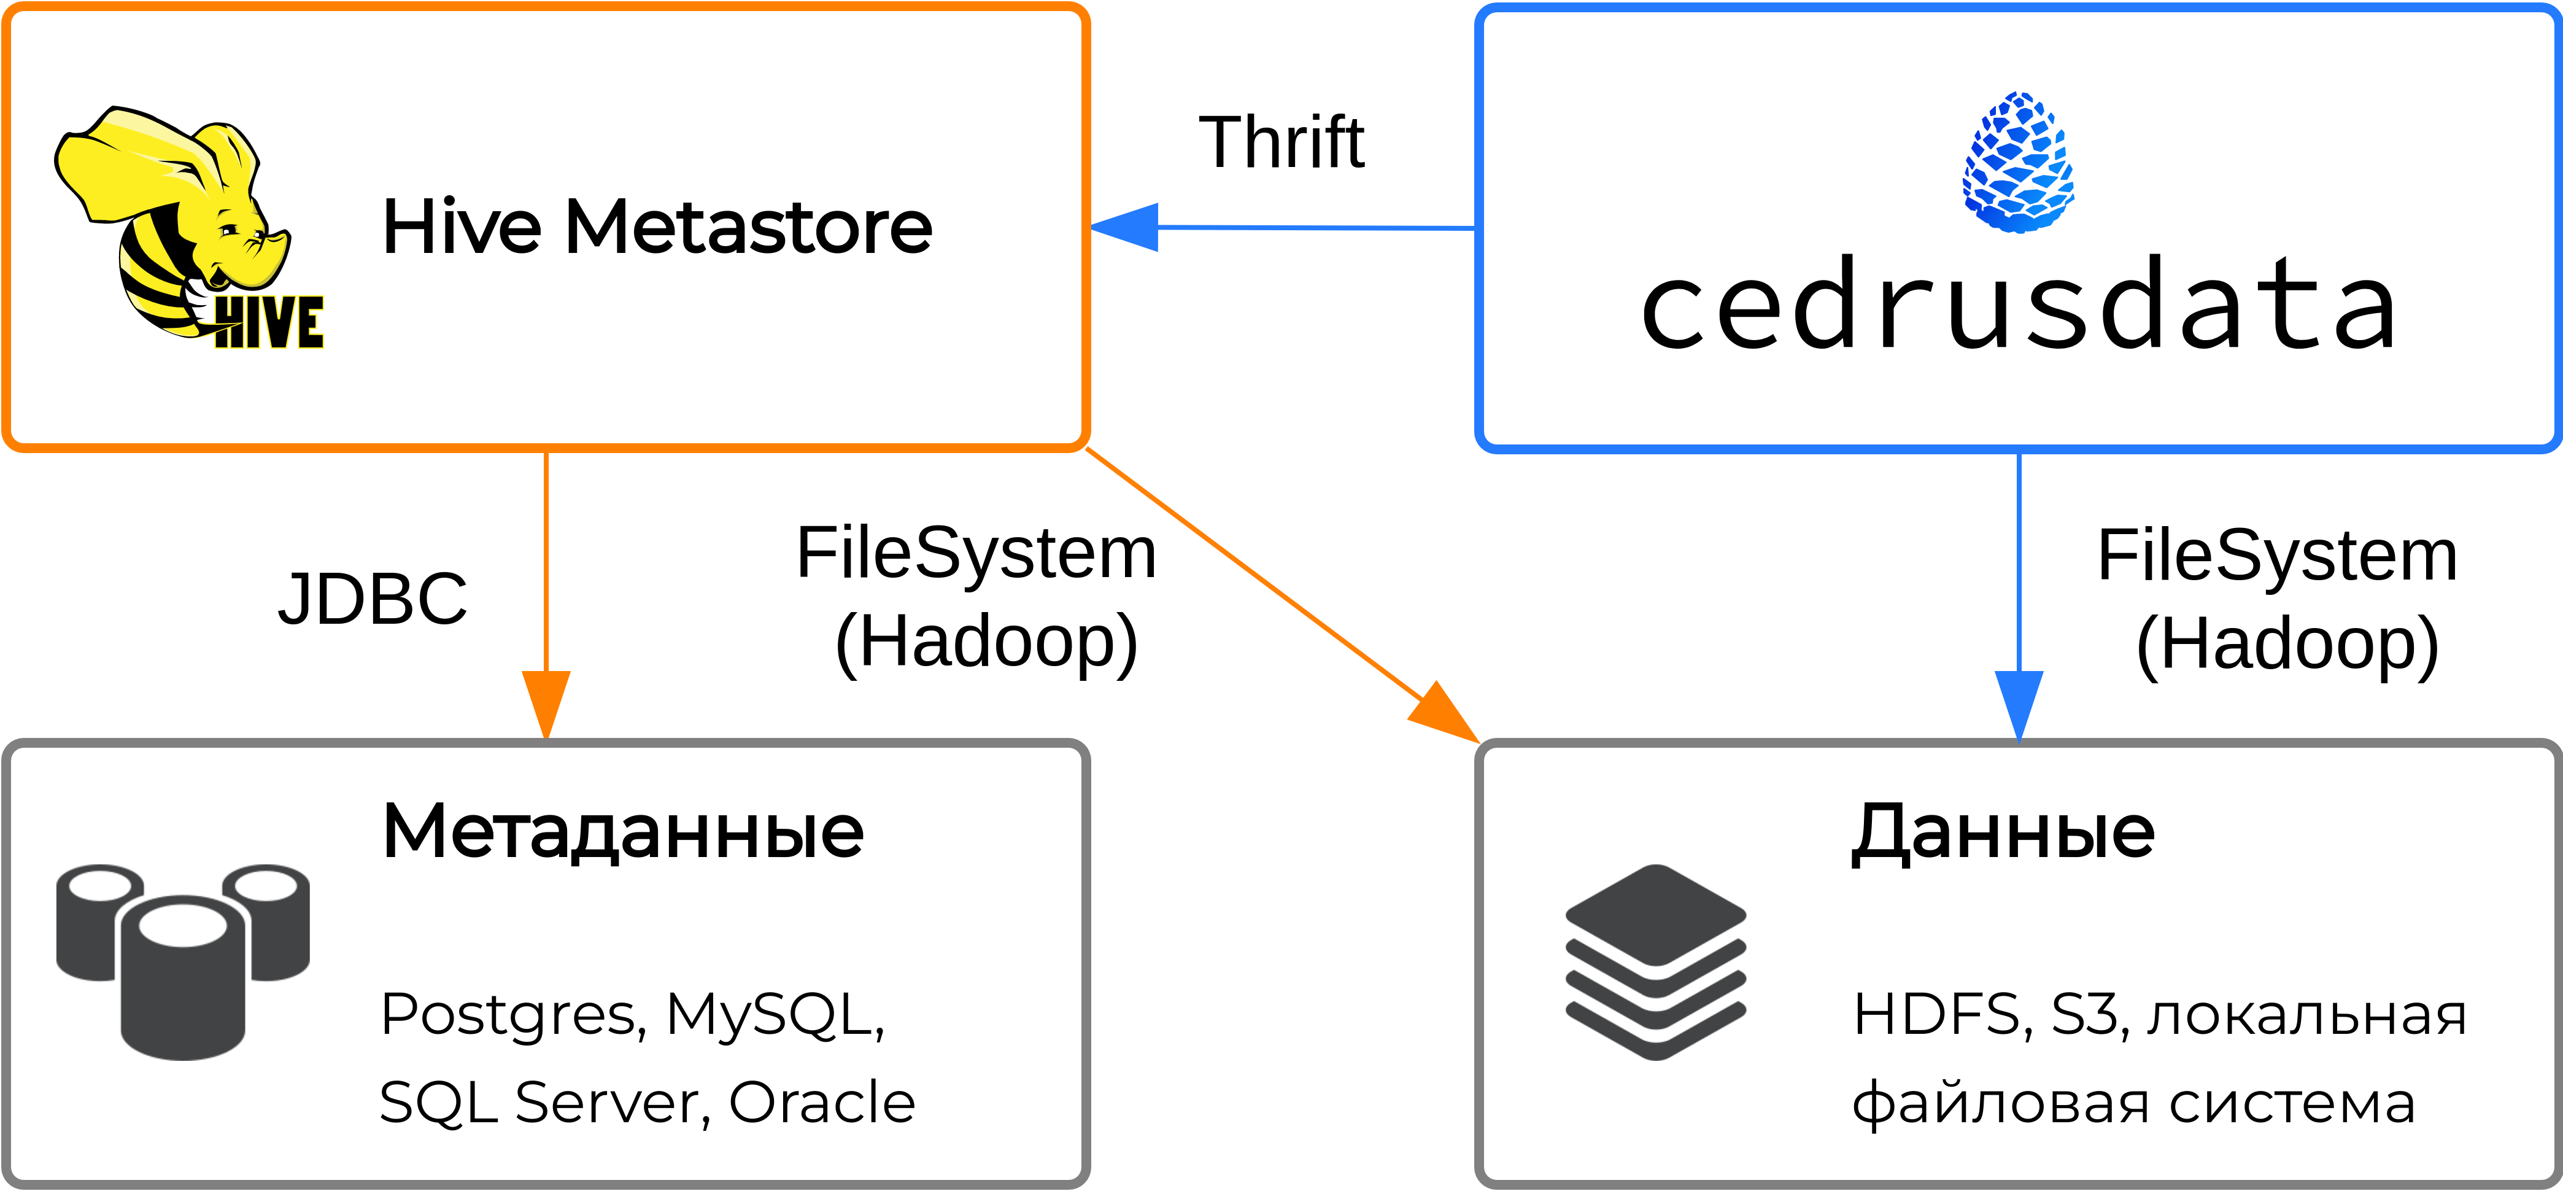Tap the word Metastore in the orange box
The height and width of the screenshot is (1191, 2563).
(748, 228)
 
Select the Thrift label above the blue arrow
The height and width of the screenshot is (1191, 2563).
(1281, 142)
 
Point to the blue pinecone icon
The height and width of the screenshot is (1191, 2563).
(2018, 163)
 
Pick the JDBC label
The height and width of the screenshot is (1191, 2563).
(372, 599)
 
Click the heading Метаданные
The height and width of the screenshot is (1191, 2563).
(623, 832)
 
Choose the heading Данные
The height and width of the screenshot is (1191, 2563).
(2003, 832)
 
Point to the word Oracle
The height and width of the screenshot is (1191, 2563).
(822, 1103)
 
